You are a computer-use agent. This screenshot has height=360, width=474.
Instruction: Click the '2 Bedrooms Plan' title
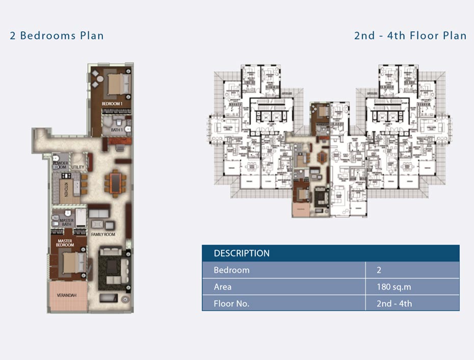tap(57, 36)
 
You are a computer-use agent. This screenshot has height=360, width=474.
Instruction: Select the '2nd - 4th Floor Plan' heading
tap(410, 36)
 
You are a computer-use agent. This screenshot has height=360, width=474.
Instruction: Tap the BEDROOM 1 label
tap(112, 104)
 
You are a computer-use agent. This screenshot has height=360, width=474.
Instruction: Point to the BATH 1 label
tap(117, 130)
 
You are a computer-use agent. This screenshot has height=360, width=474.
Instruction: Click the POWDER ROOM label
tap(60, 165)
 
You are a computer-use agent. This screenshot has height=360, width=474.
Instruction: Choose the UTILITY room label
tap(77, 167)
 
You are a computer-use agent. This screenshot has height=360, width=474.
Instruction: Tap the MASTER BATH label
tap(66, 222)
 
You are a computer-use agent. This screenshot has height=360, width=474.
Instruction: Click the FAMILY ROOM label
tap(103, 235)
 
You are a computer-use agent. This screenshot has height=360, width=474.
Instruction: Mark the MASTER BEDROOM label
tap(65, 243)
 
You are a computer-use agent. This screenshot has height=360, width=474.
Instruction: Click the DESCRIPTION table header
tap(242, 253)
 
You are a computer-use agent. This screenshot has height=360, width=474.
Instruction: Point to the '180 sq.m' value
tap(393, 287)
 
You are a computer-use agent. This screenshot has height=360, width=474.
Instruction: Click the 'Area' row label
tap(223, 287)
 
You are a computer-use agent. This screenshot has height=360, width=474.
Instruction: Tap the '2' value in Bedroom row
tap(379, 270)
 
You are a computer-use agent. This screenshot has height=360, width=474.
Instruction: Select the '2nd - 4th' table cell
tap(394, 304)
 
